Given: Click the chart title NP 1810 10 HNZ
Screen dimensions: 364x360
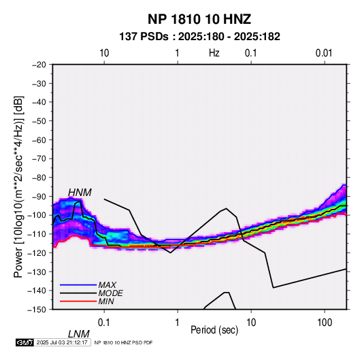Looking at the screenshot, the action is point(199,19).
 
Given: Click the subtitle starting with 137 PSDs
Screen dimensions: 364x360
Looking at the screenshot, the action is point(199,37).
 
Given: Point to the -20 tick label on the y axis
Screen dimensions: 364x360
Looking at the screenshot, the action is point(39,65).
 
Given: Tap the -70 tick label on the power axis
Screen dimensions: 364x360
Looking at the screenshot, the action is point(39,159).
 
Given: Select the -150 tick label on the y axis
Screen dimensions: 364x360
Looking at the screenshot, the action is point(37,310).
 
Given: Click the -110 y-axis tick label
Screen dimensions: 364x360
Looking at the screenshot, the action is point(37,234).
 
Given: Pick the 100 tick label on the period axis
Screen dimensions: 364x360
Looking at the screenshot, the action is point(325,323).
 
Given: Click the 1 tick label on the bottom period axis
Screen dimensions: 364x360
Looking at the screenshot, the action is point(177,323).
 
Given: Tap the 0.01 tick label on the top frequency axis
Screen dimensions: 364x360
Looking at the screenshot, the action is point(324,53).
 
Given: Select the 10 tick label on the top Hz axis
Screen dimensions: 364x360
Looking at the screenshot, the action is point(104,53).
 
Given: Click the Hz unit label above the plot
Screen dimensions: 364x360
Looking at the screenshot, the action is point(214,53).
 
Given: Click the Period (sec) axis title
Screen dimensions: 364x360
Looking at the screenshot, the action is point(214,330).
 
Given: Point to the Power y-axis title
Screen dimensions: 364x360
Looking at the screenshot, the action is point(18,186).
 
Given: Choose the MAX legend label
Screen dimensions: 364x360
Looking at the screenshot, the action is point(107,284).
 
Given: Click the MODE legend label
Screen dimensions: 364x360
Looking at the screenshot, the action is point(110,293).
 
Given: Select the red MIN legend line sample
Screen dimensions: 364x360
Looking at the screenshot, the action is point(78,301).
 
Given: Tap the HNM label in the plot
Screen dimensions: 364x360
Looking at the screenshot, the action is point(80,193).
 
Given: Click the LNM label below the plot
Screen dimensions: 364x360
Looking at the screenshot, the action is point(78,334).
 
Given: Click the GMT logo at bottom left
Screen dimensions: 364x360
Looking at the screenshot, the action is point(24,342).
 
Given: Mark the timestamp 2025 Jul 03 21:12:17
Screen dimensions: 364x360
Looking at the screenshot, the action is point(62,342).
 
